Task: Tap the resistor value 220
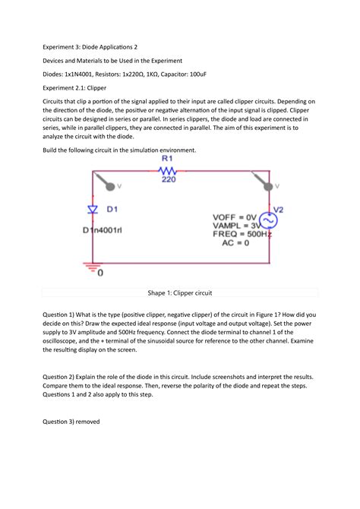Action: coord(168,181)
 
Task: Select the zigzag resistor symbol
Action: coord(167,171)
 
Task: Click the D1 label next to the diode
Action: coord(117,207)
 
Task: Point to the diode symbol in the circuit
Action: coord(93,207)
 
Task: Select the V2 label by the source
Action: coord(278,208)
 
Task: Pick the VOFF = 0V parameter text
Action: coord(236,217)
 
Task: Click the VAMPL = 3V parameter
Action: coord(236,226)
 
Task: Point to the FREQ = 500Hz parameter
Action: coord(239,235)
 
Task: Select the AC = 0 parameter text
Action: coord(238,244)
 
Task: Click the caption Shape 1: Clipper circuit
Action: coord(179,292)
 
